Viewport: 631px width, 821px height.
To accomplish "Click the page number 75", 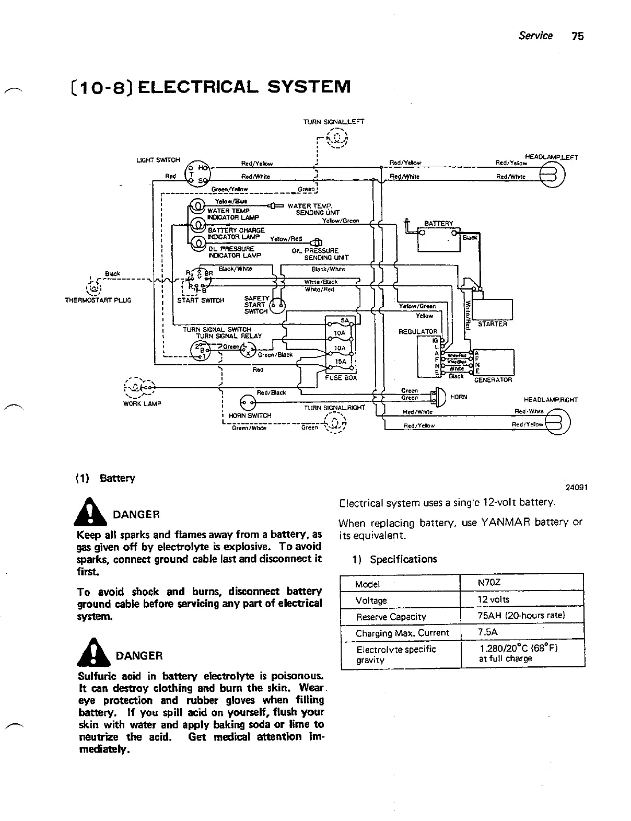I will click(x=578, y=36).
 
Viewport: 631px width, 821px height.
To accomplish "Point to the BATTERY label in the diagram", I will click(x=438, y=224).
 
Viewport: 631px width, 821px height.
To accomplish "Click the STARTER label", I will click(x=492, y=324).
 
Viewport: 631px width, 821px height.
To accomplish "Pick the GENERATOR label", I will click(x=493, y=380).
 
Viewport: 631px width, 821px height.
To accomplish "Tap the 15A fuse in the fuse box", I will click(x=340, y=361).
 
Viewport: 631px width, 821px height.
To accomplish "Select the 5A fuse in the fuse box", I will click(x=344, y=320).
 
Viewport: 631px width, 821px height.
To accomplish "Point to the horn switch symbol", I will click(x=247, y=402).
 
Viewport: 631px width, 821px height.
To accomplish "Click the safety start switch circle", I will click(x=277, y=305).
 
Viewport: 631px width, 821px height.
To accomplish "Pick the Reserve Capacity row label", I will click(x=391, y=617).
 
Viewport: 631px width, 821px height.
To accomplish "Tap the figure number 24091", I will click(x=577, y=487).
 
